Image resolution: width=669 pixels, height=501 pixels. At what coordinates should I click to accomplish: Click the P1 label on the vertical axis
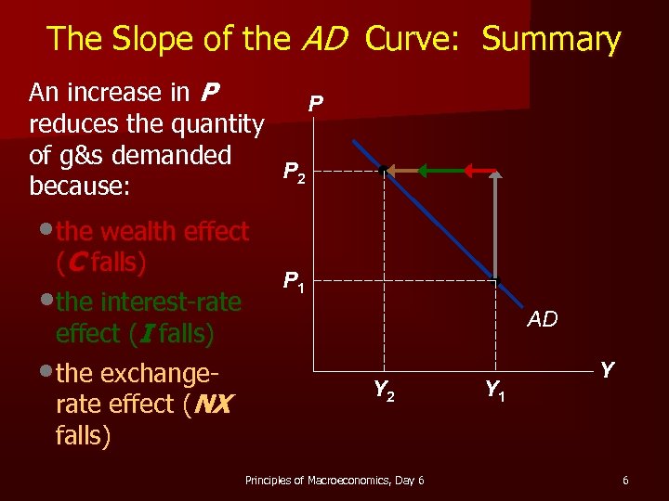pos(295,281)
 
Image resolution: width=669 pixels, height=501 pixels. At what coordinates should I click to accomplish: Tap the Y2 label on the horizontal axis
pos(385,392)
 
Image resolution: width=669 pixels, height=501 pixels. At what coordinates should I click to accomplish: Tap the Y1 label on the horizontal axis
pos(496,392)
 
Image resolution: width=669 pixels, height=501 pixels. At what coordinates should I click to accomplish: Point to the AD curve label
pos(543,320)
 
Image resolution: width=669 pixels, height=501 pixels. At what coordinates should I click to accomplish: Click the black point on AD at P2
pos(383,171)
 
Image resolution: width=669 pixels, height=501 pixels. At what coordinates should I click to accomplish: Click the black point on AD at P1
pos(497,281)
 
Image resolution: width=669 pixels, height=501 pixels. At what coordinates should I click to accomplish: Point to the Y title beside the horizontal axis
pos(607,370)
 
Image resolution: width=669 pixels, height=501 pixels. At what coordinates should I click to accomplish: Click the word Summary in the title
pos(551,39)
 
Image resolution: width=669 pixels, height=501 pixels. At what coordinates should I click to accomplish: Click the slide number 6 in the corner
pos(625,480)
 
